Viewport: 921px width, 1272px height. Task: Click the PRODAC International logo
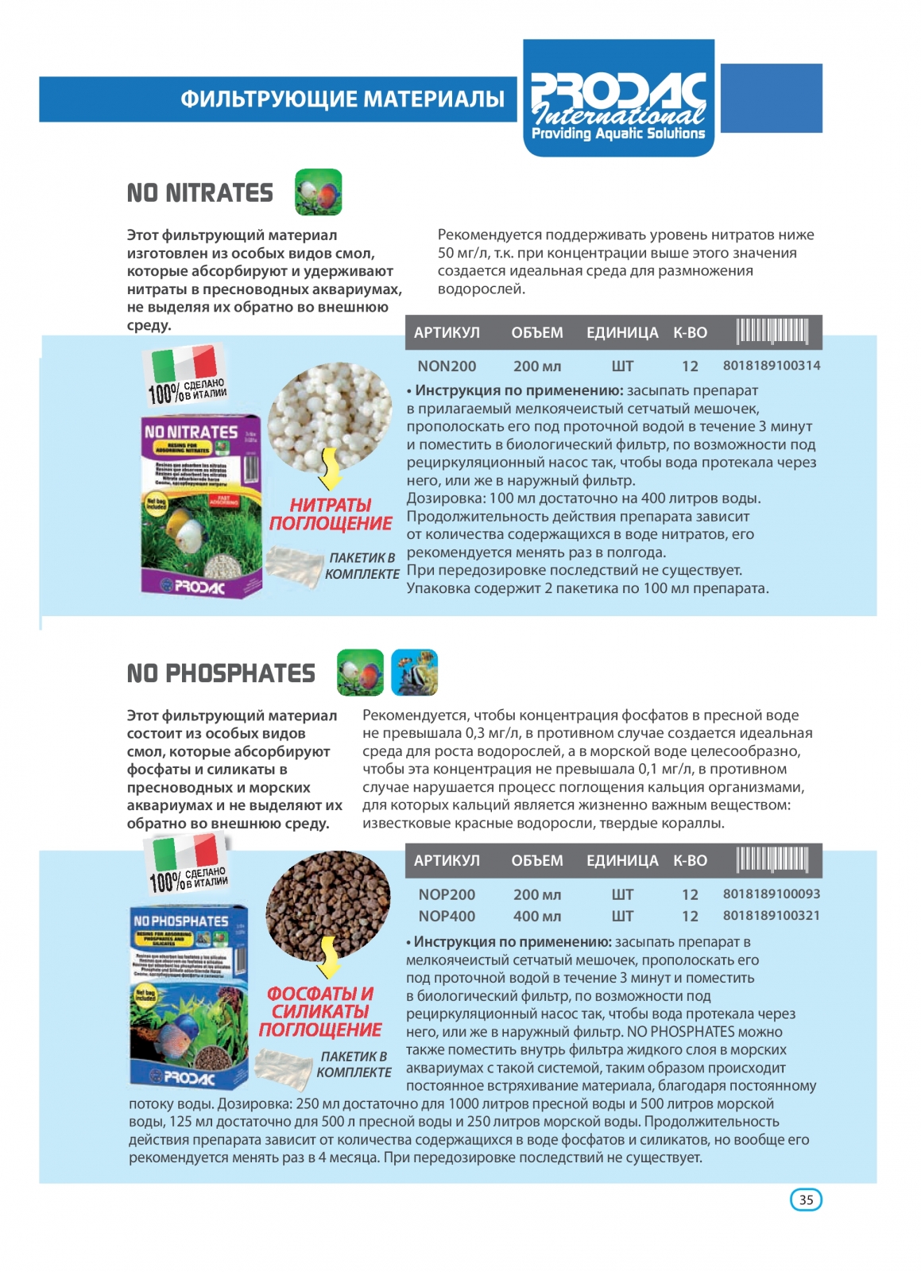coord(618,99)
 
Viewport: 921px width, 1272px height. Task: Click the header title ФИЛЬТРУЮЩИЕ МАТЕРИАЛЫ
coord(342,99)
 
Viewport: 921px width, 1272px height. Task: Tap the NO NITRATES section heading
coord(200,193)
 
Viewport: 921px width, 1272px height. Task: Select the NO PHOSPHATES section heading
coord(221,673)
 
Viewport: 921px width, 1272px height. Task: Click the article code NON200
coord(447,366)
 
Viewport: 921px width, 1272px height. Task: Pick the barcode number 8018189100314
coord(771,366)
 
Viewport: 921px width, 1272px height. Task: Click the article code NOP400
coord(447,916)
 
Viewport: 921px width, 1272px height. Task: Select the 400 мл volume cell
coord(537,916)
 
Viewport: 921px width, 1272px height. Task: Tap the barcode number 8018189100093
coord(771,894)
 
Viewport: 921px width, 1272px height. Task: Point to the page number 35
coord(806,1200)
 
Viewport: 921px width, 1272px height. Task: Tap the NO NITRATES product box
coord(201,506)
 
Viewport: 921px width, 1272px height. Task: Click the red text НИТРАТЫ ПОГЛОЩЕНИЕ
coord(331,514)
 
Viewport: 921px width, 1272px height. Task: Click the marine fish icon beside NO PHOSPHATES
coord(414,673)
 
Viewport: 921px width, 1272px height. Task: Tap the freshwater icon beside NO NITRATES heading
coord(318,192)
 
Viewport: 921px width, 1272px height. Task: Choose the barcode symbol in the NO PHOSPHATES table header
coord(772,860)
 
